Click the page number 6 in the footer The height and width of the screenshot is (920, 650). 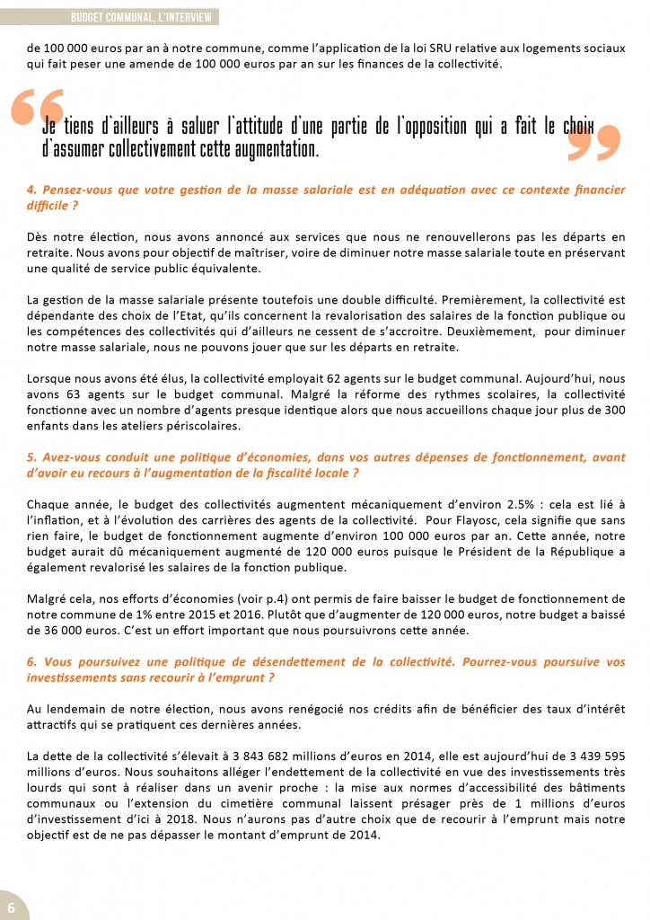[11, 902]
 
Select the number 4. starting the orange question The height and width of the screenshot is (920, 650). [32, 190]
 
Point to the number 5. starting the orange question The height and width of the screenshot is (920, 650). [32, 457]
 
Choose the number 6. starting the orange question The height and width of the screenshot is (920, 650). [32, 662]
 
